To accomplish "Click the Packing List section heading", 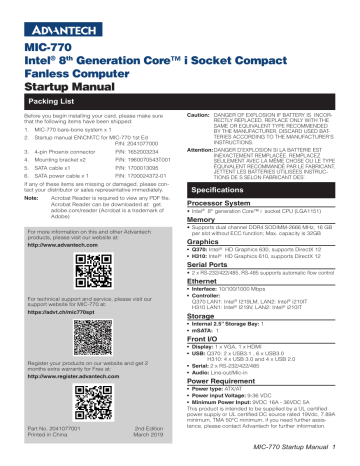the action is point(49,102).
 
